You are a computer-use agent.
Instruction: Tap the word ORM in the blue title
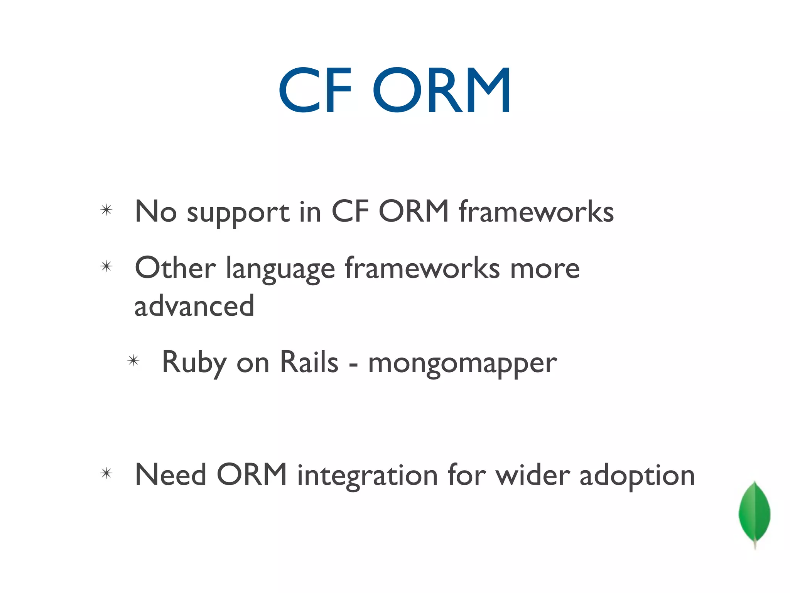[442, 90]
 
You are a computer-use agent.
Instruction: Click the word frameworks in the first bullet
[536, 212]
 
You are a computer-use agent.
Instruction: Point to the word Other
[175, 268]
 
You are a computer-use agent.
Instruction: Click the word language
[280, 269]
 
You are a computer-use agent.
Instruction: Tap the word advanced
[194, 306]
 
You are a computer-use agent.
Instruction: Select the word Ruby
[194, 363]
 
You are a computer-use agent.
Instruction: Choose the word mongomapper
[463, 364]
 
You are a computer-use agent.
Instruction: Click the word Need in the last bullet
[170, 475]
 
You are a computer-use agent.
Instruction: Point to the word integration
[367, 476]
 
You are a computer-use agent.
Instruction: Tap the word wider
[532, 475]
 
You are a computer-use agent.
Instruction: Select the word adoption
[637, 476]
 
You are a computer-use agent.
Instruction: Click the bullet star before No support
[106, 210]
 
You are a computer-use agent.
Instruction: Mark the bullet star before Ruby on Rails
[133, 361]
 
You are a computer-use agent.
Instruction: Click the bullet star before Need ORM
[106, 473]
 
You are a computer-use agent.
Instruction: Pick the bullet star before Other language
[106, 266]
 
